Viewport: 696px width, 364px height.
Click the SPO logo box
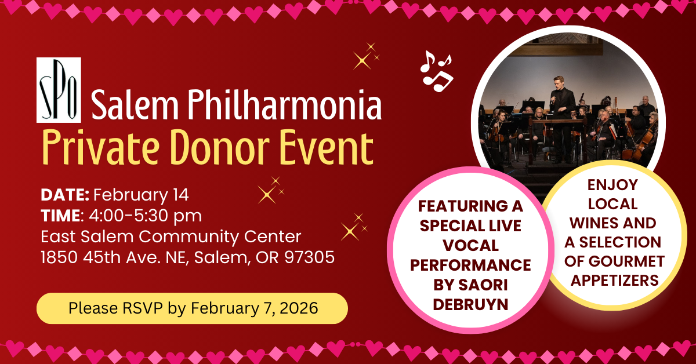pos(59,90)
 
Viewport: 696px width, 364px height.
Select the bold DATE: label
pos(65,194)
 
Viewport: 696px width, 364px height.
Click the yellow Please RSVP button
pos(192,308)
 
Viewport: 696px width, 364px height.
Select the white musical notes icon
pos(436,71)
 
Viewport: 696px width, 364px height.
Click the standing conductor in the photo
pos(561,113)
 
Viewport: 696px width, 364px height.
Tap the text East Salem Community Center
pos(171,236)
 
